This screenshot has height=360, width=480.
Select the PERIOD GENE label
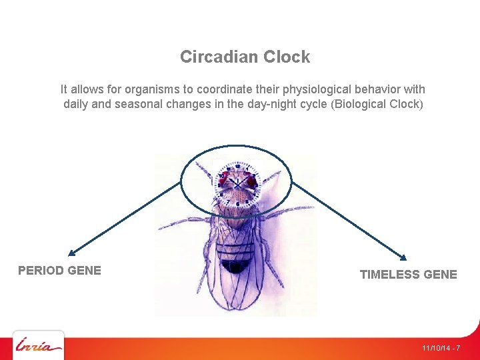(x=59, y=270)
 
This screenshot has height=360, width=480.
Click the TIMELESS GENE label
(x=408, y=274)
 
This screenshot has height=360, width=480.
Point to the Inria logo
(x=39, y=346)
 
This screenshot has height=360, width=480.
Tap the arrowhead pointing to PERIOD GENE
(x=71, y=253)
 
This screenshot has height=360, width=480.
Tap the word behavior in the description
(x=378, y=89)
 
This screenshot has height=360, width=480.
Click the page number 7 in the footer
(x=458, y=348)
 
